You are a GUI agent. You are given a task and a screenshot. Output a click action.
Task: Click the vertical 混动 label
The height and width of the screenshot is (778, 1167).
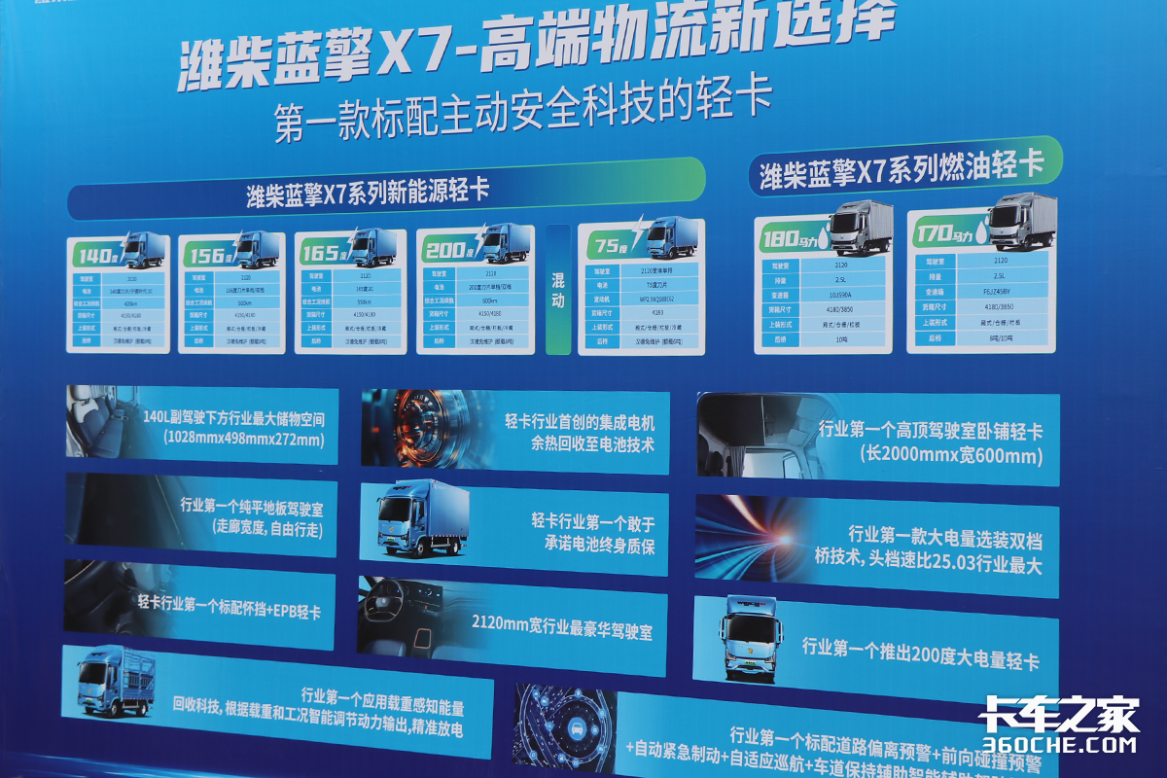tap(558, 288)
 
